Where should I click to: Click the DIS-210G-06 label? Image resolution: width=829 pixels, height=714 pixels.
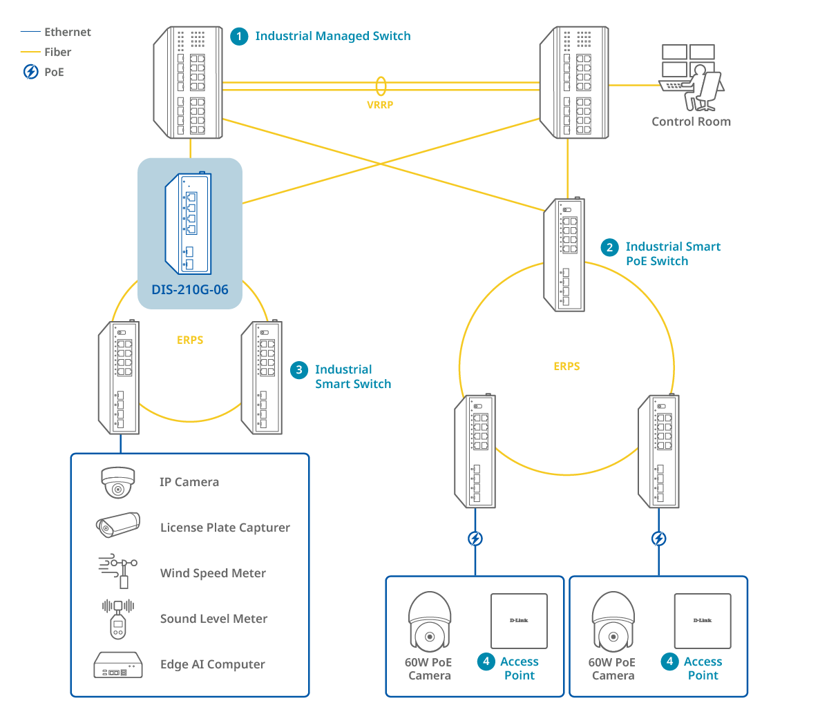190,290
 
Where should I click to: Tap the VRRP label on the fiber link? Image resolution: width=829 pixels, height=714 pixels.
380,105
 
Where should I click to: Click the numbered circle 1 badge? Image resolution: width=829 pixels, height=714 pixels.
239,37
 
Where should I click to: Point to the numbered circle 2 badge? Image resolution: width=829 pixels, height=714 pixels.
609,247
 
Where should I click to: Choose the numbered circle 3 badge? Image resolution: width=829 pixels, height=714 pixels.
299,370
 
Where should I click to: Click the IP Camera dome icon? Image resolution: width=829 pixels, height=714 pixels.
118,482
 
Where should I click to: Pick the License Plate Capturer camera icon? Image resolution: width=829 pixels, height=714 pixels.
118,526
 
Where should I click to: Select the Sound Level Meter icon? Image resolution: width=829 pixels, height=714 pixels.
118,618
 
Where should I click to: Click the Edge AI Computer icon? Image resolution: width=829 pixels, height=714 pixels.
118,664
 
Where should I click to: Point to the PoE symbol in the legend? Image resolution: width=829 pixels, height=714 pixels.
31,72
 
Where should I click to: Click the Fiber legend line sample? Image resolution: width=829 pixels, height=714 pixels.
30,52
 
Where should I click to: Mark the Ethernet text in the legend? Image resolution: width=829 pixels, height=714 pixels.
68,32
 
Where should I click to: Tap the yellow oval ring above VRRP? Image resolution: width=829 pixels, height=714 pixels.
381,86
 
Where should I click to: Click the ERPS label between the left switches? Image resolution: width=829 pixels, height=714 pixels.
190,340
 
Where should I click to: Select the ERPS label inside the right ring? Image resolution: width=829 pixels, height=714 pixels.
566,367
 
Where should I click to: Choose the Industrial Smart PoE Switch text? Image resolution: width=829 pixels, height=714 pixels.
672,254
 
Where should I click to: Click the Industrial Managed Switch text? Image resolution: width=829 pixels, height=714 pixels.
333,36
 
